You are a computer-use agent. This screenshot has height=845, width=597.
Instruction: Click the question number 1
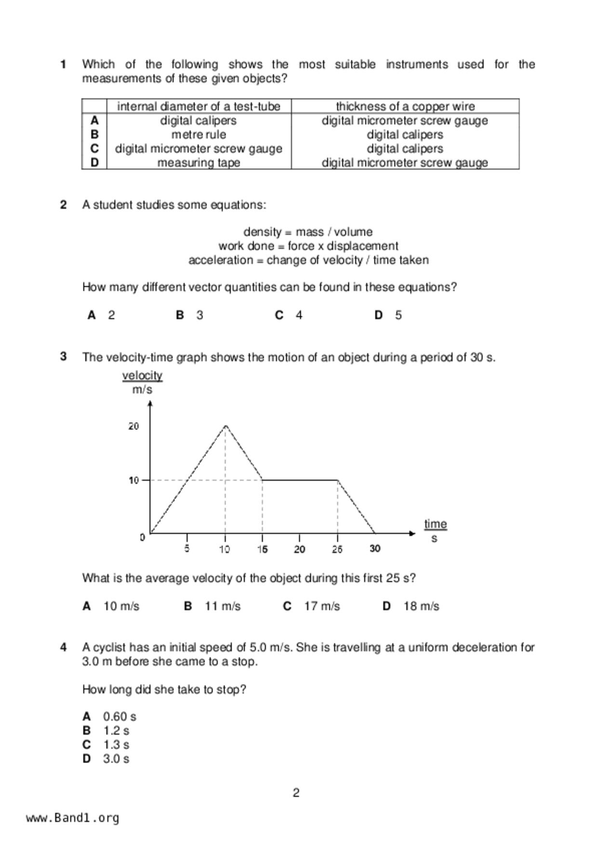tap(63, 65)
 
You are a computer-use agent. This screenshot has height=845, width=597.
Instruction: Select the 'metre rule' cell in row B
tap(199, 134)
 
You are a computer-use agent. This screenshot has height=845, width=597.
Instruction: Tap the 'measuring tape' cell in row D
tap(199, 163)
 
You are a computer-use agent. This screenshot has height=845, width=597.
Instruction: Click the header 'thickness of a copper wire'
tap(405, 106)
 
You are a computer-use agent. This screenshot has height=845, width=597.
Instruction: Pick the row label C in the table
tap(94, 149)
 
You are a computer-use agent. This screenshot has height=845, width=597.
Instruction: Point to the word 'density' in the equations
tap(262, 232)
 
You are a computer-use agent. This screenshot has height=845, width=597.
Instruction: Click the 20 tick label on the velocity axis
tap(133, 426)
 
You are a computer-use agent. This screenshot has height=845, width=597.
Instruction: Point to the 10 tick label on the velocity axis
tap(133, 480)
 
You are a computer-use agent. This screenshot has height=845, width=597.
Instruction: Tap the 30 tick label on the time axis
tap(375, 549)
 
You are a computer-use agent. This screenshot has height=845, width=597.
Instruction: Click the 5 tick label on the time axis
tap(187, 549)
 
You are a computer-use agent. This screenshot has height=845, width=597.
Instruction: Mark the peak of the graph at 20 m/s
tap(226, 425)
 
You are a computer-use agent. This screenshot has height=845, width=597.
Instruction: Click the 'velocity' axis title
tap(142, 375)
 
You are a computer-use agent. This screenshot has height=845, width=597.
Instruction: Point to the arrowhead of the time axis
tap(412, 533)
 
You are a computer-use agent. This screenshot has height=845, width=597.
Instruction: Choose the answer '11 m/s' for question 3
tap(222, 606)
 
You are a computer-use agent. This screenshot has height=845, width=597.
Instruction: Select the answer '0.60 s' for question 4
tap(119, 717)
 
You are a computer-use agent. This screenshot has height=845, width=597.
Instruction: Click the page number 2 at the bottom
tap(296, 793)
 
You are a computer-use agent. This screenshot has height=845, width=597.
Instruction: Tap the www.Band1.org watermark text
tap(73, 818)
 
